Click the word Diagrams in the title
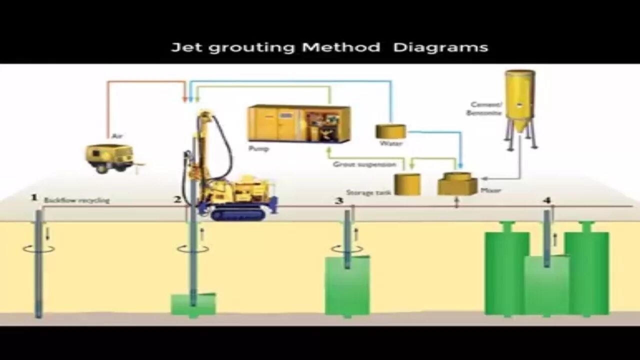[x=440, y=48]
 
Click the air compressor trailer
[x=109, y=157]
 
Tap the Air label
[x=117, y=135]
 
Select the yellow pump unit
[x=299, y=123]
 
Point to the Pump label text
[x=258, y=148]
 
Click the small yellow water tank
[x=390, y=131]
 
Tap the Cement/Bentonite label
[x=485, y=108]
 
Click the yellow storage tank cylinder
[x=407, y=183]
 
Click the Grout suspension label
[x=364, y=164]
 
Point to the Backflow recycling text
[x=76, y=200]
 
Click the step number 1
[x=34, y=198]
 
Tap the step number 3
[x=339, y=200]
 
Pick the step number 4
[x=547, y=200]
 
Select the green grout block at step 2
[x=193, y=304]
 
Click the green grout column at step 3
[x=347, y=286]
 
